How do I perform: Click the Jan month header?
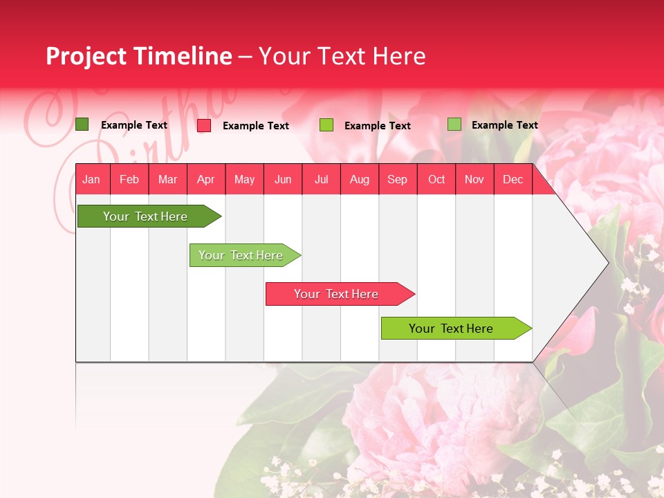(x=91, y=180)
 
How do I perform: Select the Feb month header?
(x=129, y=180)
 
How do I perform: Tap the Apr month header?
(x=205, y=180)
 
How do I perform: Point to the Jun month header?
(x=283, y=180)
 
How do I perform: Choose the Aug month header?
(x=359, y=180)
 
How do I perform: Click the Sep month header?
(x=397, y=180)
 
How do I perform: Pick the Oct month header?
(x=436, y=180)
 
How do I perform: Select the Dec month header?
(x=513, y=180)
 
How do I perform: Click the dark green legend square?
(x=82, y=124)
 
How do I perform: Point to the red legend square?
(x=204, y=125)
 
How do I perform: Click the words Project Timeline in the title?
(x=139, y=56)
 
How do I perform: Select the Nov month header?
(x=474, y=180)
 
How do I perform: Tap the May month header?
(x=244, y=180)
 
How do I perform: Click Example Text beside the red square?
(x=255, y=126)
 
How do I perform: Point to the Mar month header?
(x=167, y=180)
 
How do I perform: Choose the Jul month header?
(x=321, y=180)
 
